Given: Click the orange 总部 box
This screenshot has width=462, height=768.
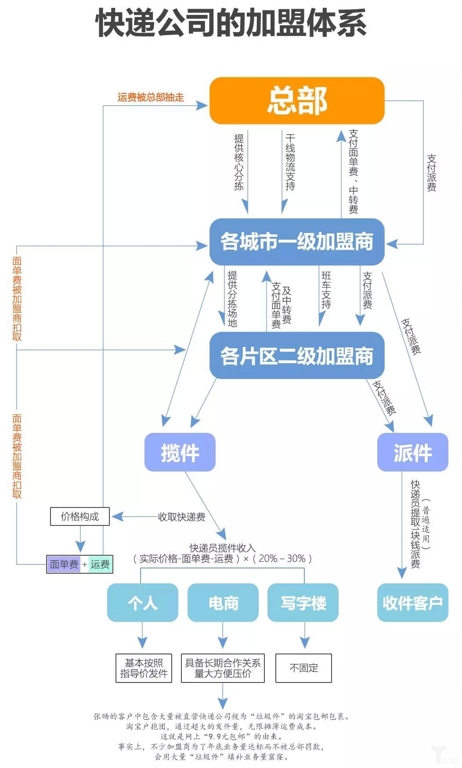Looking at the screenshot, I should point(297,100).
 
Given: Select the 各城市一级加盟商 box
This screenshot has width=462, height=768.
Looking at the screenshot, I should point(297,242).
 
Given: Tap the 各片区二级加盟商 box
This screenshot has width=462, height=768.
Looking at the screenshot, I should point(297,356).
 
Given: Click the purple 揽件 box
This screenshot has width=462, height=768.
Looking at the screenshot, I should point(180,452).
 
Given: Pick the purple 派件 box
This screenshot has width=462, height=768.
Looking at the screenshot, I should point(412,452).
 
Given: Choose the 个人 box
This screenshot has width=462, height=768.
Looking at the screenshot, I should point(143,603).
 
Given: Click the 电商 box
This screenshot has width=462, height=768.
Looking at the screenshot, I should point(223,603).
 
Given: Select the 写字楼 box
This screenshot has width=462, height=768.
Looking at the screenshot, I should point(303,603).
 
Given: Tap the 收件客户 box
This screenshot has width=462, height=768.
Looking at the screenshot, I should point(412,603).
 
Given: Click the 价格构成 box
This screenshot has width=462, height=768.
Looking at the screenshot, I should point(80,517).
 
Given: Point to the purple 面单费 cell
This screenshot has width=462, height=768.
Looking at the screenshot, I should point(64,564).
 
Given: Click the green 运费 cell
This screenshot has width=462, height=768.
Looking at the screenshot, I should point(100,564).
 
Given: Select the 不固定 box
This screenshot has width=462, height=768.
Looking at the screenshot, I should point(303,668).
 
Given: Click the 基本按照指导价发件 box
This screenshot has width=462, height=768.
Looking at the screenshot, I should point(144,668).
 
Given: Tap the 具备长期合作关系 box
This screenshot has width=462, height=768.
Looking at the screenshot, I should point(223,668).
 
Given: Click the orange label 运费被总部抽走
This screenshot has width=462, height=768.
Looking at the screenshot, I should point(151,97).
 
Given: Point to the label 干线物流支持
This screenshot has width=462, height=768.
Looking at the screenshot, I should point(290,162).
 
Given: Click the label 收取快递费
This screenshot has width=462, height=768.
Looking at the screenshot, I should point(182,517).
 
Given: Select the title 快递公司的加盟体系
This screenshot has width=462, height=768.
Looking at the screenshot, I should point(231,23).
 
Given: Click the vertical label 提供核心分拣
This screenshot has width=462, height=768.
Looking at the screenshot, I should point(239,162).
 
